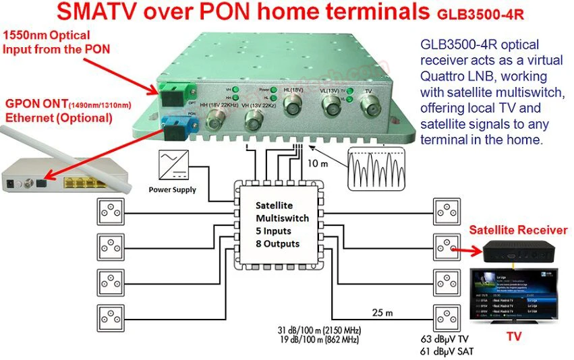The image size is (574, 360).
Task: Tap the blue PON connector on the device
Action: coord(171,124)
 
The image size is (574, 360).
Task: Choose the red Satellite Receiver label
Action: coord(517,231)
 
